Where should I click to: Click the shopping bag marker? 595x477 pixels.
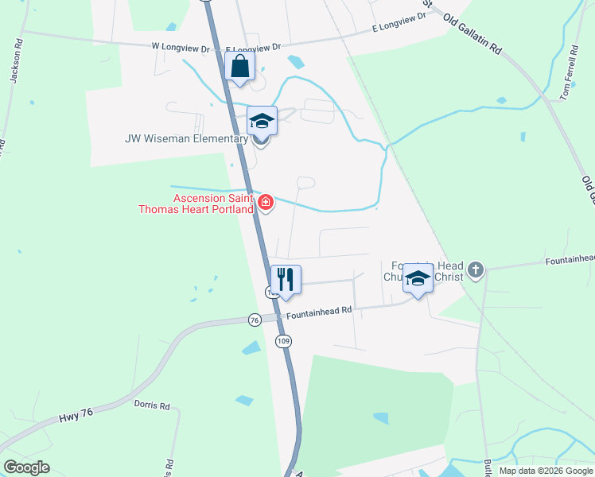coord(240,68)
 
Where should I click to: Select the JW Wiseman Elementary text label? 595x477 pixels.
coord(187,139)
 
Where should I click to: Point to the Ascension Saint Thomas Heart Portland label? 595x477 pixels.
coord(213,204)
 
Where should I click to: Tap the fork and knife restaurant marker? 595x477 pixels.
coord(286,280)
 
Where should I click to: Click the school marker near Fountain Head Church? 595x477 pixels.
coord(418,279)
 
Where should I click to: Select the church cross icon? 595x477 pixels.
coord(476,270)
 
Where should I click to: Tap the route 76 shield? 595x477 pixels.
coord(255,320)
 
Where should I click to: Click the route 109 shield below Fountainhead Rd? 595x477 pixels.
coord(282,341)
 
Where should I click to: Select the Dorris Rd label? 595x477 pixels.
coord(154,406)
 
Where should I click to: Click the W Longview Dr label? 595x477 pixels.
coord(181,47)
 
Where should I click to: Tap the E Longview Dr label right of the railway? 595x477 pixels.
coord(402,29)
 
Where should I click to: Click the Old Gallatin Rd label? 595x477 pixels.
coord(472,35)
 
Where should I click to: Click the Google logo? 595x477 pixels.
coord(26,467)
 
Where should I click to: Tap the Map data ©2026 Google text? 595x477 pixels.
coord(545,471)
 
